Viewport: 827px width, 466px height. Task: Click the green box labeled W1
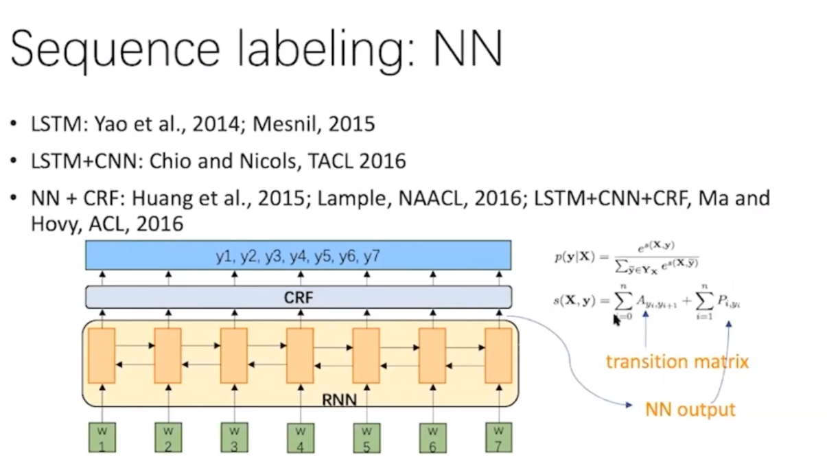click(x=102, y=438)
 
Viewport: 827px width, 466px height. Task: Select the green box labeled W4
click(x=300, y=438)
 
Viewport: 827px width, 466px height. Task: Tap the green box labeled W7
click(x=498, y=438)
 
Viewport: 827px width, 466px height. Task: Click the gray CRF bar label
click(x=298, y=297)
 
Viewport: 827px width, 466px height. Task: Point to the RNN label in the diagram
click(x=339, y=397)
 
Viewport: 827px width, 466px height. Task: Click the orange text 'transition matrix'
click(x=677, y=361)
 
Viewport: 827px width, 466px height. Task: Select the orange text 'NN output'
click(x=690, y=410)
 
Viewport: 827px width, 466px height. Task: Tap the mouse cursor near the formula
click(x=616, y=320)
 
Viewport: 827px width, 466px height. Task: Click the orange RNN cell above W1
click(x=102, y=356)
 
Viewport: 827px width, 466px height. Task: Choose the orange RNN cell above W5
click(x=366, y=356)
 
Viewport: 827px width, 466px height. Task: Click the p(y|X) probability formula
click(x=627, y=259)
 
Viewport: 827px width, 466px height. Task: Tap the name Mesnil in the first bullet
click(x=285, y=124)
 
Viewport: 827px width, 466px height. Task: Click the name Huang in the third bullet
click(x=159, y=199)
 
